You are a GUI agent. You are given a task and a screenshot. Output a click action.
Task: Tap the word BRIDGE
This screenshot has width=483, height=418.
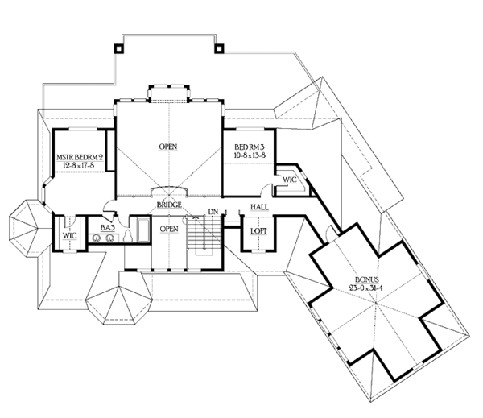tap(169, 205)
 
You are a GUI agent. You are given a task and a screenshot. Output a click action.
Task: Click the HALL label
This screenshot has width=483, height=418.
tap(258, 208)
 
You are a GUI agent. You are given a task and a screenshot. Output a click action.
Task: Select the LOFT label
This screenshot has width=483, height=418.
tap(258, 232)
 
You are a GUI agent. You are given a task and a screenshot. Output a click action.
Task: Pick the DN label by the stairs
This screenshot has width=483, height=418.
tap(213, 212)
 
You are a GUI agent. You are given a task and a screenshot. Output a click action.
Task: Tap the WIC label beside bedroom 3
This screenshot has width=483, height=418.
tap(289, 180)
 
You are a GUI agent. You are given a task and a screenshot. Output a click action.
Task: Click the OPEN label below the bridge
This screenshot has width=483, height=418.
tap(169, 230)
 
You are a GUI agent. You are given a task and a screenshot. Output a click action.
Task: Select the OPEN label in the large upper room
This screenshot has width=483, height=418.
tap(168, 147)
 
